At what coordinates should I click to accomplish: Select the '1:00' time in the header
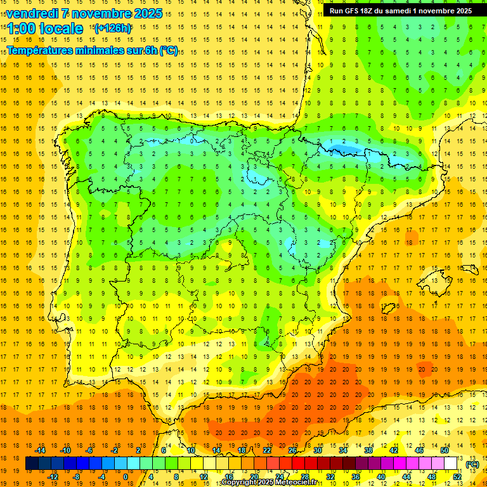tap(20, 29)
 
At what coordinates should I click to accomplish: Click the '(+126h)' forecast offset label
tap(113, 29)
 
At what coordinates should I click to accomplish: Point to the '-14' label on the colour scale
tap(40, 450)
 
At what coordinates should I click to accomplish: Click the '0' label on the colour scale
tap(126, 477)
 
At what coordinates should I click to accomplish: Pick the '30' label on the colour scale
tap(318, 450)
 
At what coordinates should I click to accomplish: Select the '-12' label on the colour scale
tap(53, 477)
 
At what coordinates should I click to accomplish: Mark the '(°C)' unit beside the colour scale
tap(472, 464)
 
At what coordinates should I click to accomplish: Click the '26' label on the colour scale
tap(292, 450)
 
